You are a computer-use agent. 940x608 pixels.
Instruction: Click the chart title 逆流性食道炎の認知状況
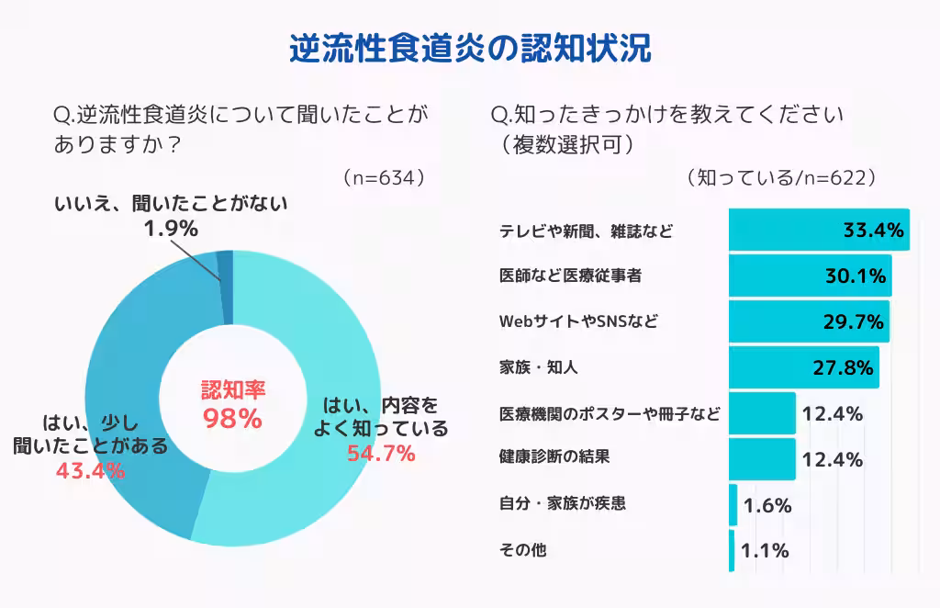470,49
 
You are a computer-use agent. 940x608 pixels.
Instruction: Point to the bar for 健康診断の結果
762,459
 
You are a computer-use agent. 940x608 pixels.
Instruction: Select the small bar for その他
732,551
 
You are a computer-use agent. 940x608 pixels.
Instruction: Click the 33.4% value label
874,230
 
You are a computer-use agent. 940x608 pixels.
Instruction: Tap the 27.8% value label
842,368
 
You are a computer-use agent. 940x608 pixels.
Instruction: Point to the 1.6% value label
767,505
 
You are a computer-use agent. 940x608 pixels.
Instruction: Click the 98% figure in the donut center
233,419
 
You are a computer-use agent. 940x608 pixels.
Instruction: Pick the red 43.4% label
91,471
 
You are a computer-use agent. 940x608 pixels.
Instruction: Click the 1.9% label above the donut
170,228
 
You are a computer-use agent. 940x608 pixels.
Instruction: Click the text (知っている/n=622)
780,177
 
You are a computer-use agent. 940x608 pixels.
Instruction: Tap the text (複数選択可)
565,144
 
